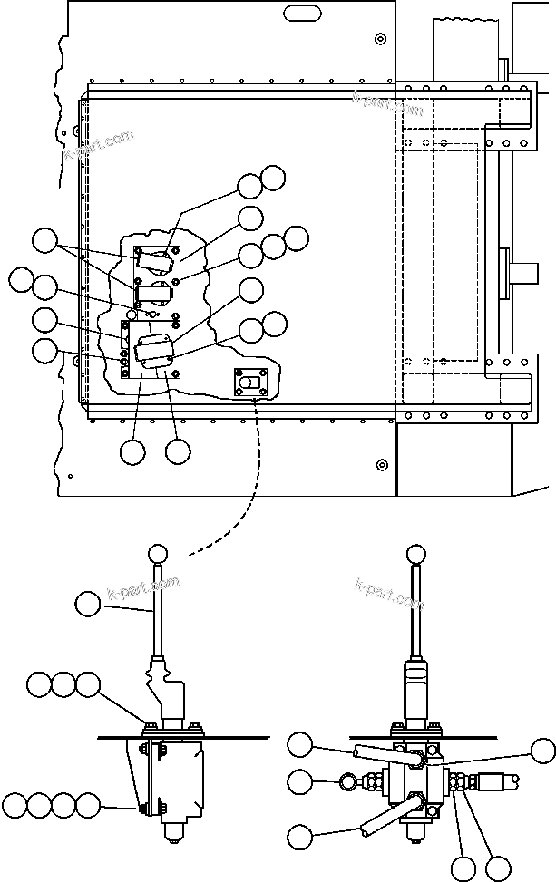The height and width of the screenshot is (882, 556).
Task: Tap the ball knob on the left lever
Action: pos(158,552)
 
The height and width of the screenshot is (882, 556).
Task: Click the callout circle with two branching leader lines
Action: pos(43,241)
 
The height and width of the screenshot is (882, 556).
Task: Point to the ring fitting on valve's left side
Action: pos(347,780)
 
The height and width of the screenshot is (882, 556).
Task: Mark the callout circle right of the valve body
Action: pos(542,750)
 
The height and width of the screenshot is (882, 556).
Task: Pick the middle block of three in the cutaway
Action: pos(155,295)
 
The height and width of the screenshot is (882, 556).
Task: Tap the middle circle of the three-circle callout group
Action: pos(63,684)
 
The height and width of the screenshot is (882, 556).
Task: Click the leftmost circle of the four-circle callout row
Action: pos(15,804)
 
